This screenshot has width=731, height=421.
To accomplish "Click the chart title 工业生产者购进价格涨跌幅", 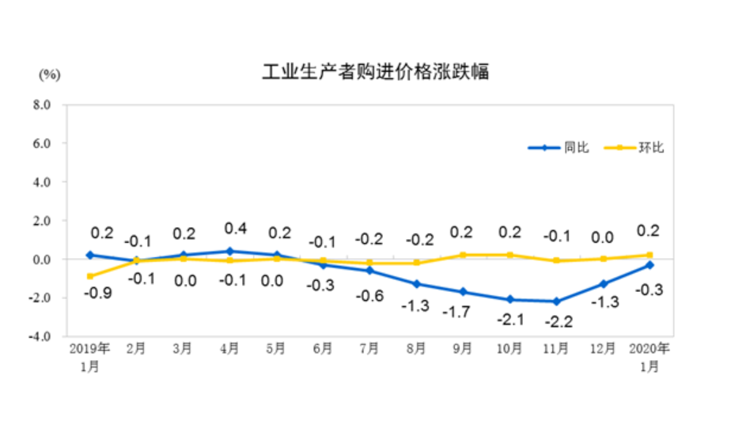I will coord(376,73).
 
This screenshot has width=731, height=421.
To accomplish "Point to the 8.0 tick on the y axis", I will coord(42,104).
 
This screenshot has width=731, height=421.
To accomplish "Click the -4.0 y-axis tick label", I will coord(40,336).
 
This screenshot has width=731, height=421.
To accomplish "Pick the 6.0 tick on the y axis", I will coord(42,143).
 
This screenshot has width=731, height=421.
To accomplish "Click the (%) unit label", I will coord(48,75).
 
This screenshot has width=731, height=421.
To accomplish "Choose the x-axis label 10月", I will coord(509,349).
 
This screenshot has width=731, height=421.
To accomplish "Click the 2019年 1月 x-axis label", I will coord(89,356).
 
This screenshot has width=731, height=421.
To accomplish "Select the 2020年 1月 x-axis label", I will coord(649,356).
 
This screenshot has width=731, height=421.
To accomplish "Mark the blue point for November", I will coord(557,302).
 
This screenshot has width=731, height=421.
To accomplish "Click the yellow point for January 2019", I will coord(89,276).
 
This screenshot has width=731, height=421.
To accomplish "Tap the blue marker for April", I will coord(229,251).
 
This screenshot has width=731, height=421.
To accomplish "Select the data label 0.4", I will coord(236,229).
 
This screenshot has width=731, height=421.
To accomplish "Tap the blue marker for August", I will coord(416,284).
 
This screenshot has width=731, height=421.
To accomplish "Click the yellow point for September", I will coord(463,255).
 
